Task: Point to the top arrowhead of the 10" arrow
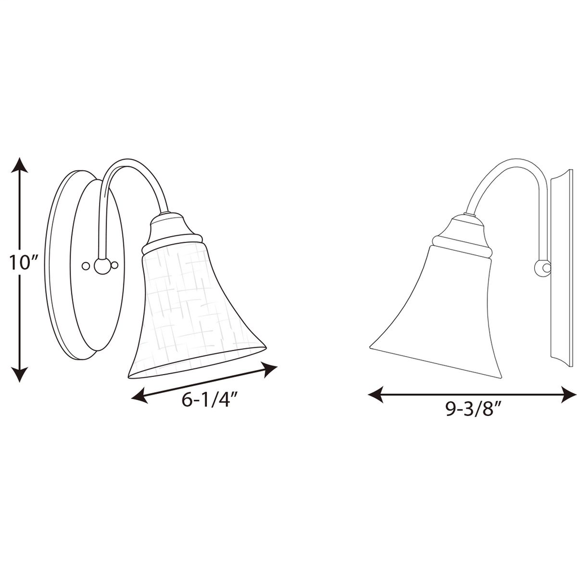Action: pyautogui.click(x=20, y=165)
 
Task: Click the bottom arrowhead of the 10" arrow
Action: pyautogui.click(x=20, y=374)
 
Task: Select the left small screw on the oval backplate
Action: pyautogui.click(x=86, y=265)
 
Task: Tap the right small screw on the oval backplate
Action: pyautogui.click(x=115, y=265)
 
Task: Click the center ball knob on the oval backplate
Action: pyautogui.click(x=101, y=266)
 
